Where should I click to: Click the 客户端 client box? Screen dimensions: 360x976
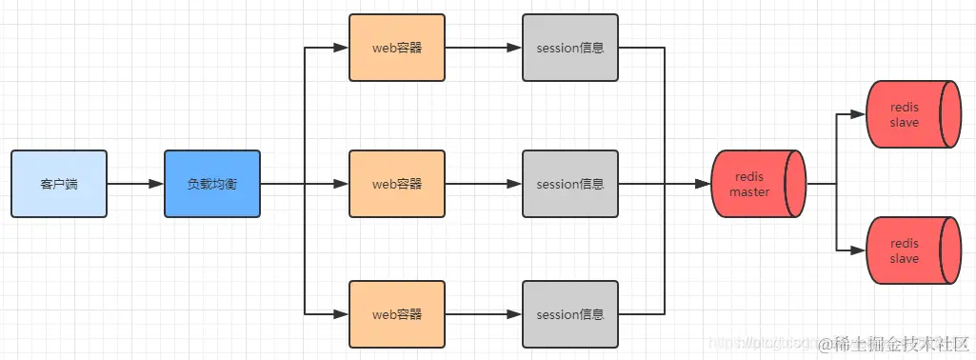pos(59,184)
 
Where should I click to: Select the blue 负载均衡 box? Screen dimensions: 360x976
pos(211,184)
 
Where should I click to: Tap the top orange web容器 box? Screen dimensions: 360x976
pos(396,48)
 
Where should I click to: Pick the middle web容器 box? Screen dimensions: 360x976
pos(396,184)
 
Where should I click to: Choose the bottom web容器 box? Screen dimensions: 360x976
pos(396,314)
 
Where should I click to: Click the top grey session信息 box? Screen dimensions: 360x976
pos(569,48)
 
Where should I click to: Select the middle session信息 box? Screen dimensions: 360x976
pos(569,184)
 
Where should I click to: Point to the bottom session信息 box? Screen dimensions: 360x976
pos(569,314)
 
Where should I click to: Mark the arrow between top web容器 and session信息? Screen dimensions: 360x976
pos(483,48)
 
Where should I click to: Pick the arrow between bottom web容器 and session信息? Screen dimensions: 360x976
pos(483,314)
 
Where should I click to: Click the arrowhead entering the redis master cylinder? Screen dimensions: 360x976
pos(705,184)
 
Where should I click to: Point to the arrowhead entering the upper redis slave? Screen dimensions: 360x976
pos(859,115)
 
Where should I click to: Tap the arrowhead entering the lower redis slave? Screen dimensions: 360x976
pos(859,250)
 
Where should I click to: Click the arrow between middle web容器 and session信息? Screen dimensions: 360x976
pos(483,184)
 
